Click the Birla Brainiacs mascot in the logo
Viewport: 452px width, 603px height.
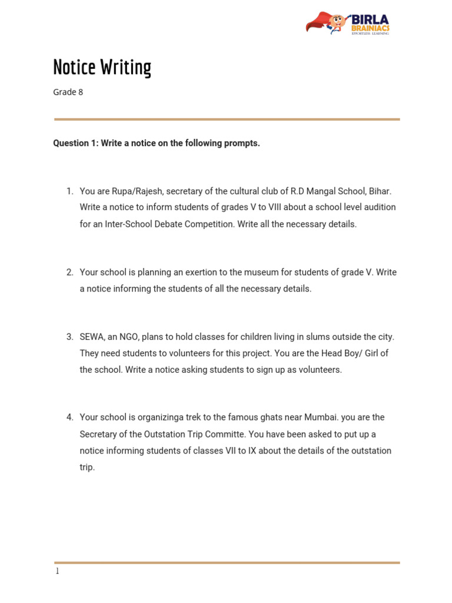[336, 23]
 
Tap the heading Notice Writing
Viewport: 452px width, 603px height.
[102, 67]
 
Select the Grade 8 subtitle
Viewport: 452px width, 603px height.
[68, 92]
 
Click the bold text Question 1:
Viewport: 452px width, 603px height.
[76, 143]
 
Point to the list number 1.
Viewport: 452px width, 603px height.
[69, 191]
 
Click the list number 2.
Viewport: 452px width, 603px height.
[69, 272]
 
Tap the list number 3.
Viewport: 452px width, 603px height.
[69, 337]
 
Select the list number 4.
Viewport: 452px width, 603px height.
[69, 418]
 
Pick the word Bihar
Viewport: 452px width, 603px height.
[380, 191]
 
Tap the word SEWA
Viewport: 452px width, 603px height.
[92, 337]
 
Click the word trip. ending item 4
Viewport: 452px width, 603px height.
[87, 468]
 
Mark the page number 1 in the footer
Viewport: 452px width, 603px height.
[57, 571]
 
